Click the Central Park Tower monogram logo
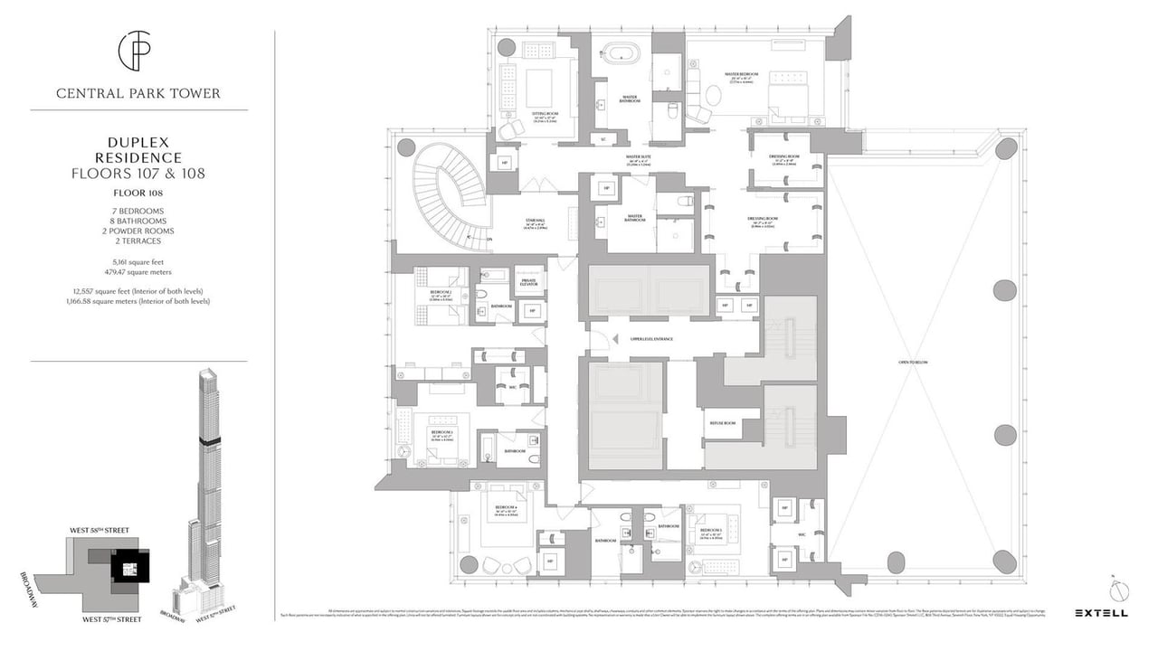[x=138, y=52]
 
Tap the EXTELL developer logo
[x=1100, y=613]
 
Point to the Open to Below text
[x=913, y=362]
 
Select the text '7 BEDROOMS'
[x=138, y=211]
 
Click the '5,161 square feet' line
[x=138, y=261]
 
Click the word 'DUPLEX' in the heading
[x=138, y=142]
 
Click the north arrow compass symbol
[x=1120, y=590]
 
